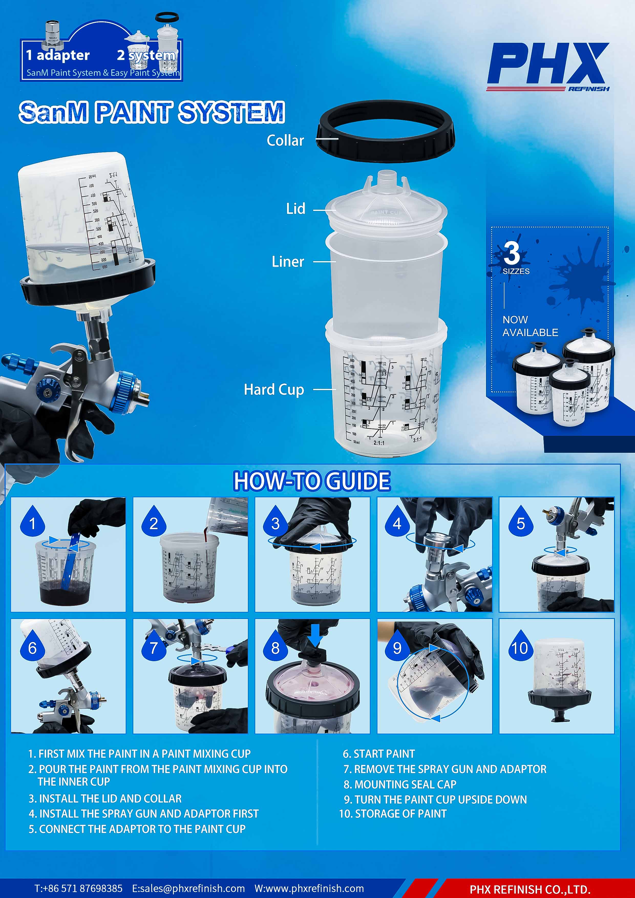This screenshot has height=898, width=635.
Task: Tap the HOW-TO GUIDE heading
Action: coord(312,481)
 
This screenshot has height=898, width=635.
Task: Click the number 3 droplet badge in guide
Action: coord(276,522)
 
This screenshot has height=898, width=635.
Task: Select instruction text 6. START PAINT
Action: coord(379,754)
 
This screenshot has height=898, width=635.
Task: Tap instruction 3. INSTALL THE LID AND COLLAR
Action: coord(105,798)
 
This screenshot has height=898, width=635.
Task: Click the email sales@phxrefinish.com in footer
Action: coord(189,889)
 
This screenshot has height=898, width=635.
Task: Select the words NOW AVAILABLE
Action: coord(530,326)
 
